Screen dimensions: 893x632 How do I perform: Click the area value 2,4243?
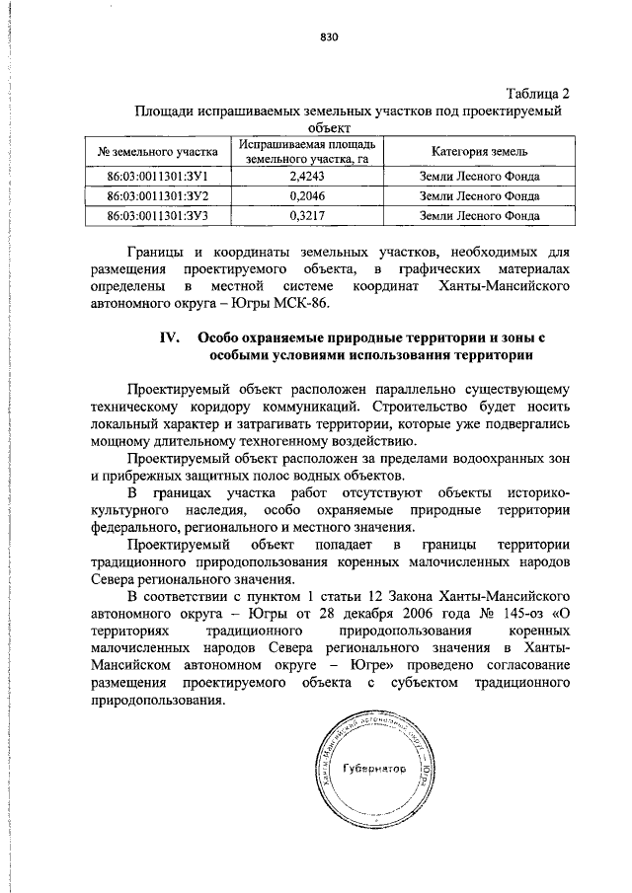coord(307,177)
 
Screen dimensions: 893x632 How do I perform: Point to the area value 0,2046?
coord(307,196)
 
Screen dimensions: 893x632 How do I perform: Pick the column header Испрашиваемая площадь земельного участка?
coord(307,151)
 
